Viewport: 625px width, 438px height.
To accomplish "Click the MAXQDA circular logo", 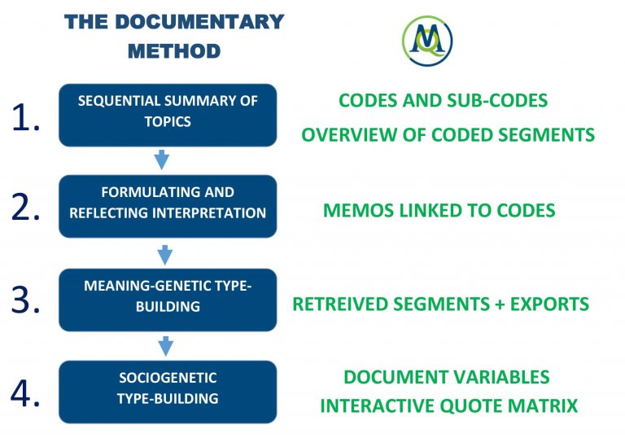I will click(x=427, y=40).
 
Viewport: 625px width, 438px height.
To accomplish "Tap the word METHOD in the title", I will click(x=174, y=50).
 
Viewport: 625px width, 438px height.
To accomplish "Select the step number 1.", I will click(x=26, y=118).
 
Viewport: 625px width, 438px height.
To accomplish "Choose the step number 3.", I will click(x=26, y=300).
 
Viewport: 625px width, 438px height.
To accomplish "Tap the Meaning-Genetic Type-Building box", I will click(x=168, y=298).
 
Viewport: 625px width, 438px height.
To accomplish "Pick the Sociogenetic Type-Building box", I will click(x=168, y=391).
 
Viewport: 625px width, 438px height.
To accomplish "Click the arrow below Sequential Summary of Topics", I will click(x=162, y=160).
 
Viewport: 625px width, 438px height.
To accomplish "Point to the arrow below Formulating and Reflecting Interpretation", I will click(x=164, y=254).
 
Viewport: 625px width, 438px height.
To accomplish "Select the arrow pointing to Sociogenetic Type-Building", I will click(x=166, y=346).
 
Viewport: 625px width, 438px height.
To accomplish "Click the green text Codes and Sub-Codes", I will click(x=443, y=100).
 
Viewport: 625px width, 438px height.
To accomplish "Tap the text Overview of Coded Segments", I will click(x=448, y=135).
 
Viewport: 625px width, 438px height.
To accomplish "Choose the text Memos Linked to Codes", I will click(x=439, y=210).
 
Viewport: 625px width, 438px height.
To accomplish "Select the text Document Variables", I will click(x=446, y=377).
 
